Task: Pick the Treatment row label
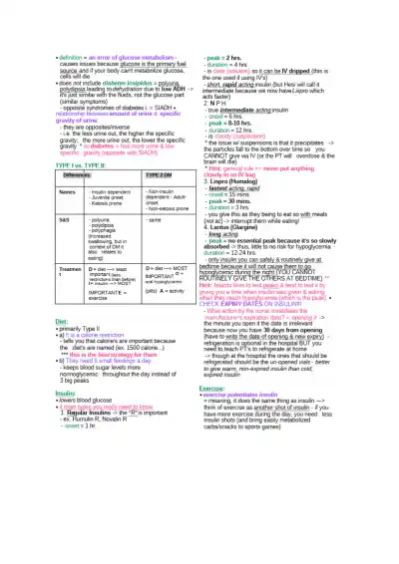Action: click(x=41, y=271)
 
